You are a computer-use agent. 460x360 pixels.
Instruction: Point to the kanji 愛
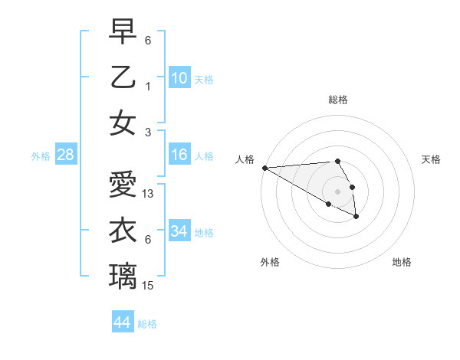123,185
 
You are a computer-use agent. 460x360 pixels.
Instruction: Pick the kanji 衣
123,231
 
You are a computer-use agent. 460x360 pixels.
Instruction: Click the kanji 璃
123,276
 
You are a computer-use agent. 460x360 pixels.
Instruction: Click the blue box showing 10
179,77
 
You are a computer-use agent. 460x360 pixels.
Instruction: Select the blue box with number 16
179,155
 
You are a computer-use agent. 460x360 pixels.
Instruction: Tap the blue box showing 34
179,231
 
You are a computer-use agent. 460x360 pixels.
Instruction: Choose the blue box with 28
66,155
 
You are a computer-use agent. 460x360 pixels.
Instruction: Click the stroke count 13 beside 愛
148,194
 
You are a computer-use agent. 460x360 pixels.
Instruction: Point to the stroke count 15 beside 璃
148,286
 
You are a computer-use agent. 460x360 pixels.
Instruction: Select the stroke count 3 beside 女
148,132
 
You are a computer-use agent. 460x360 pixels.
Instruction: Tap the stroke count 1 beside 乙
148,86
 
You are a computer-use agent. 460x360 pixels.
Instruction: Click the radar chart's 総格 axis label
337,100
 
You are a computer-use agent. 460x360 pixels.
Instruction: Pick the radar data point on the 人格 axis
264,168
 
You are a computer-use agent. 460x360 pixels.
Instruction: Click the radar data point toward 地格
356,218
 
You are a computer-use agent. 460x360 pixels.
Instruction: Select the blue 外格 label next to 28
41,156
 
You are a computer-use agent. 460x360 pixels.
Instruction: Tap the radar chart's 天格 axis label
431,159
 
